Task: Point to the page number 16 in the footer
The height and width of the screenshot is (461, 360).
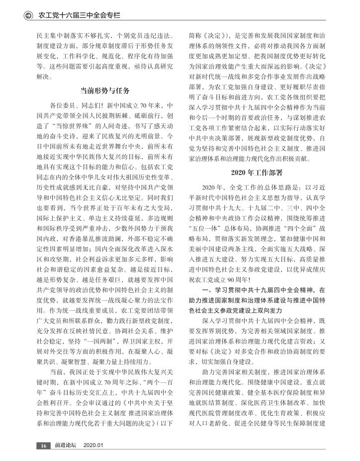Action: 43,446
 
